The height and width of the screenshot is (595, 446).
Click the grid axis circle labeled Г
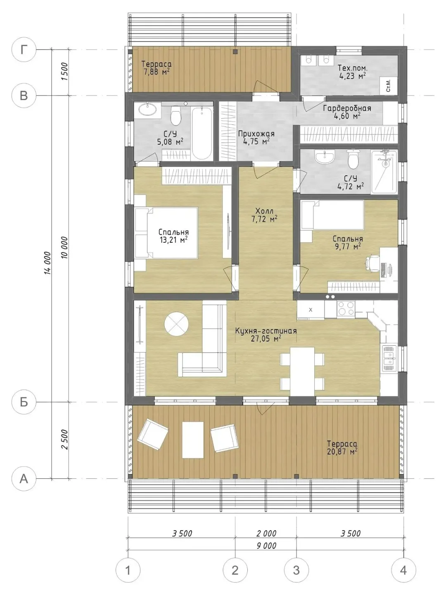(x=24, y=50)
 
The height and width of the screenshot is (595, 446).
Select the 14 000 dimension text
(x=47, y=263)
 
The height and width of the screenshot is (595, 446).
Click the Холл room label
(x=264, y=210)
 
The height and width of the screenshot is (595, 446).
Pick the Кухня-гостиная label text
(x=266, y=331)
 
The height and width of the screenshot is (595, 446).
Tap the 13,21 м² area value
(x=174, y=240)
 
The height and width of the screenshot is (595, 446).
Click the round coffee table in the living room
(x=176, y=324)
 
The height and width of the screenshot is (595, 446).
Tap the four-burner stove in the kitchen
(x=346, y=308)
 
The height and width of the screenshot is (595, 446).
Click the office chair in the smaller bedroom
(x=372, y=263)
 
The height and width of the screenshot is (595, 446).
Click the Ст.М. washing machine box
(x=389, y=86)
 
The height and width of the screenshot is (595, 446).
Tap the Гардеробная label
(x=347, y=108)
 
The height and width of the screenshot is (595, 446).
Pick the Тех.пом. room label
(x=352, y=68)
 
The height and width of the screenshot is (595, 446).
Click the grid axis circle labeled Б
(x=24, y=403)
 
